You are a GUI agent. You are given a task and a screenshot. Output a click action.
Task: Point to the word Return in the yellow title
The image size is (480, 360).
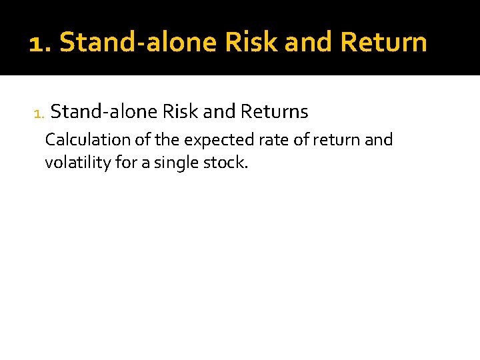[383, 43]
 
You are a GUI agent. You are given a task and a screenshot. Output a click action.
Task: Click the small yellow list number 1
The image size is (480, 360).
[37, 113]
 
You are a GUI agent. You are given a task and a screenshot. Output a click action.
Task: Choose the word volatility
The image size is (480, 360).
[78, 163]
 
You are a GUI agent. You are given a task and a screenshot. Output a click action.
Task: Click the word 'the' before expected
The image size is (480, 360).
[171, 140]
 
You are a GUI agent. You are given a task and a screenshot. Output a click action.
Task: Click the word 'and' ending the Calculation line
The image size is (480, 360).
[379, 140]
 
